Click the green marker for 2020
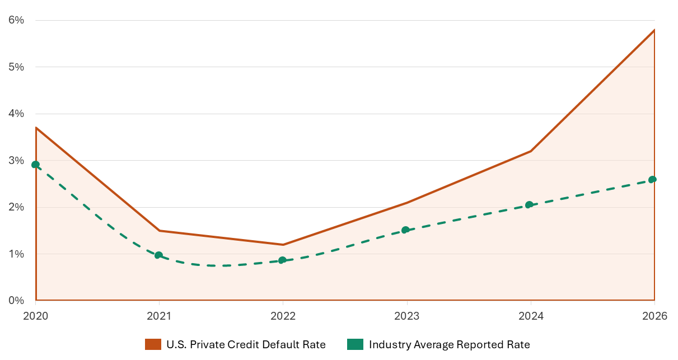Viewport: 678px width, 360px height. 36,165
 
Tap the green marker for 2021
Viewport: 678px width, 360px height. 158,255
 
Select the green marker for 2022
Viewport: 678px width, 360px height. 282,260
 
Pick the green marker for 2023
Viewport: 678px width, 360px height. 405,230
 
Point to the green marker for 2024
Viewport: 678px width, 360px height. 529,205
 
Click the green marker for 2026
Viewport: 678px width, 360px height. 652,180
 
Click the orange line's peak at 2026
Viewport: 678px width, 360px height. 654,30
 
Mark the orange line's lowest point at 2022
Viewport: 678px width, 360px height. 283,245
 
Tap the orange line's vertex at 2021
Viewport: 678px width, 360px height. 160,231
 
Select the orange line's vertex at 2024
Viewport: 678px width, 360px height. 530,151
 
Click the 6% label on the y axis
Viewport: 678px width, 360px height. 16,20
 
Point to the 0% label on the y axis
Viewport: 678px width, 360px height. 16,301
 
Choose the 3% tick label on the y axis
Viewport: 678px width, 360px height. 16,161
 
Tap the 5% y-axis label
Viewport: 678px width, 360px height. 16,67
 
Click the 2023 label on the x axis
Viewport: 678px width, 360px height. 406,316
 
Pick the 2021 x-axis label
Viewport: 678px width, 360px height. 159,316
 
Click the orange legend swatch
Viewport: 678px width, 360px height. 153,345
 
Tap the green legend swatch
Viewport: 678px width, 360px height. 355,345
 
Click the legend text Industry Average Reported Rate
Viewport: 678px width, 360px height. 449,345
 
